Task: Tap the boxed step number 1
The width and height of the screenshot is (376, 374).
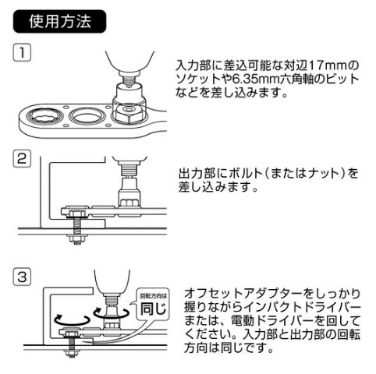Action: (24, 55)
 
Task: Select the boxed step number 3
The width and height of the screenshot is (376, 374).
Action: (24, 277)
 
